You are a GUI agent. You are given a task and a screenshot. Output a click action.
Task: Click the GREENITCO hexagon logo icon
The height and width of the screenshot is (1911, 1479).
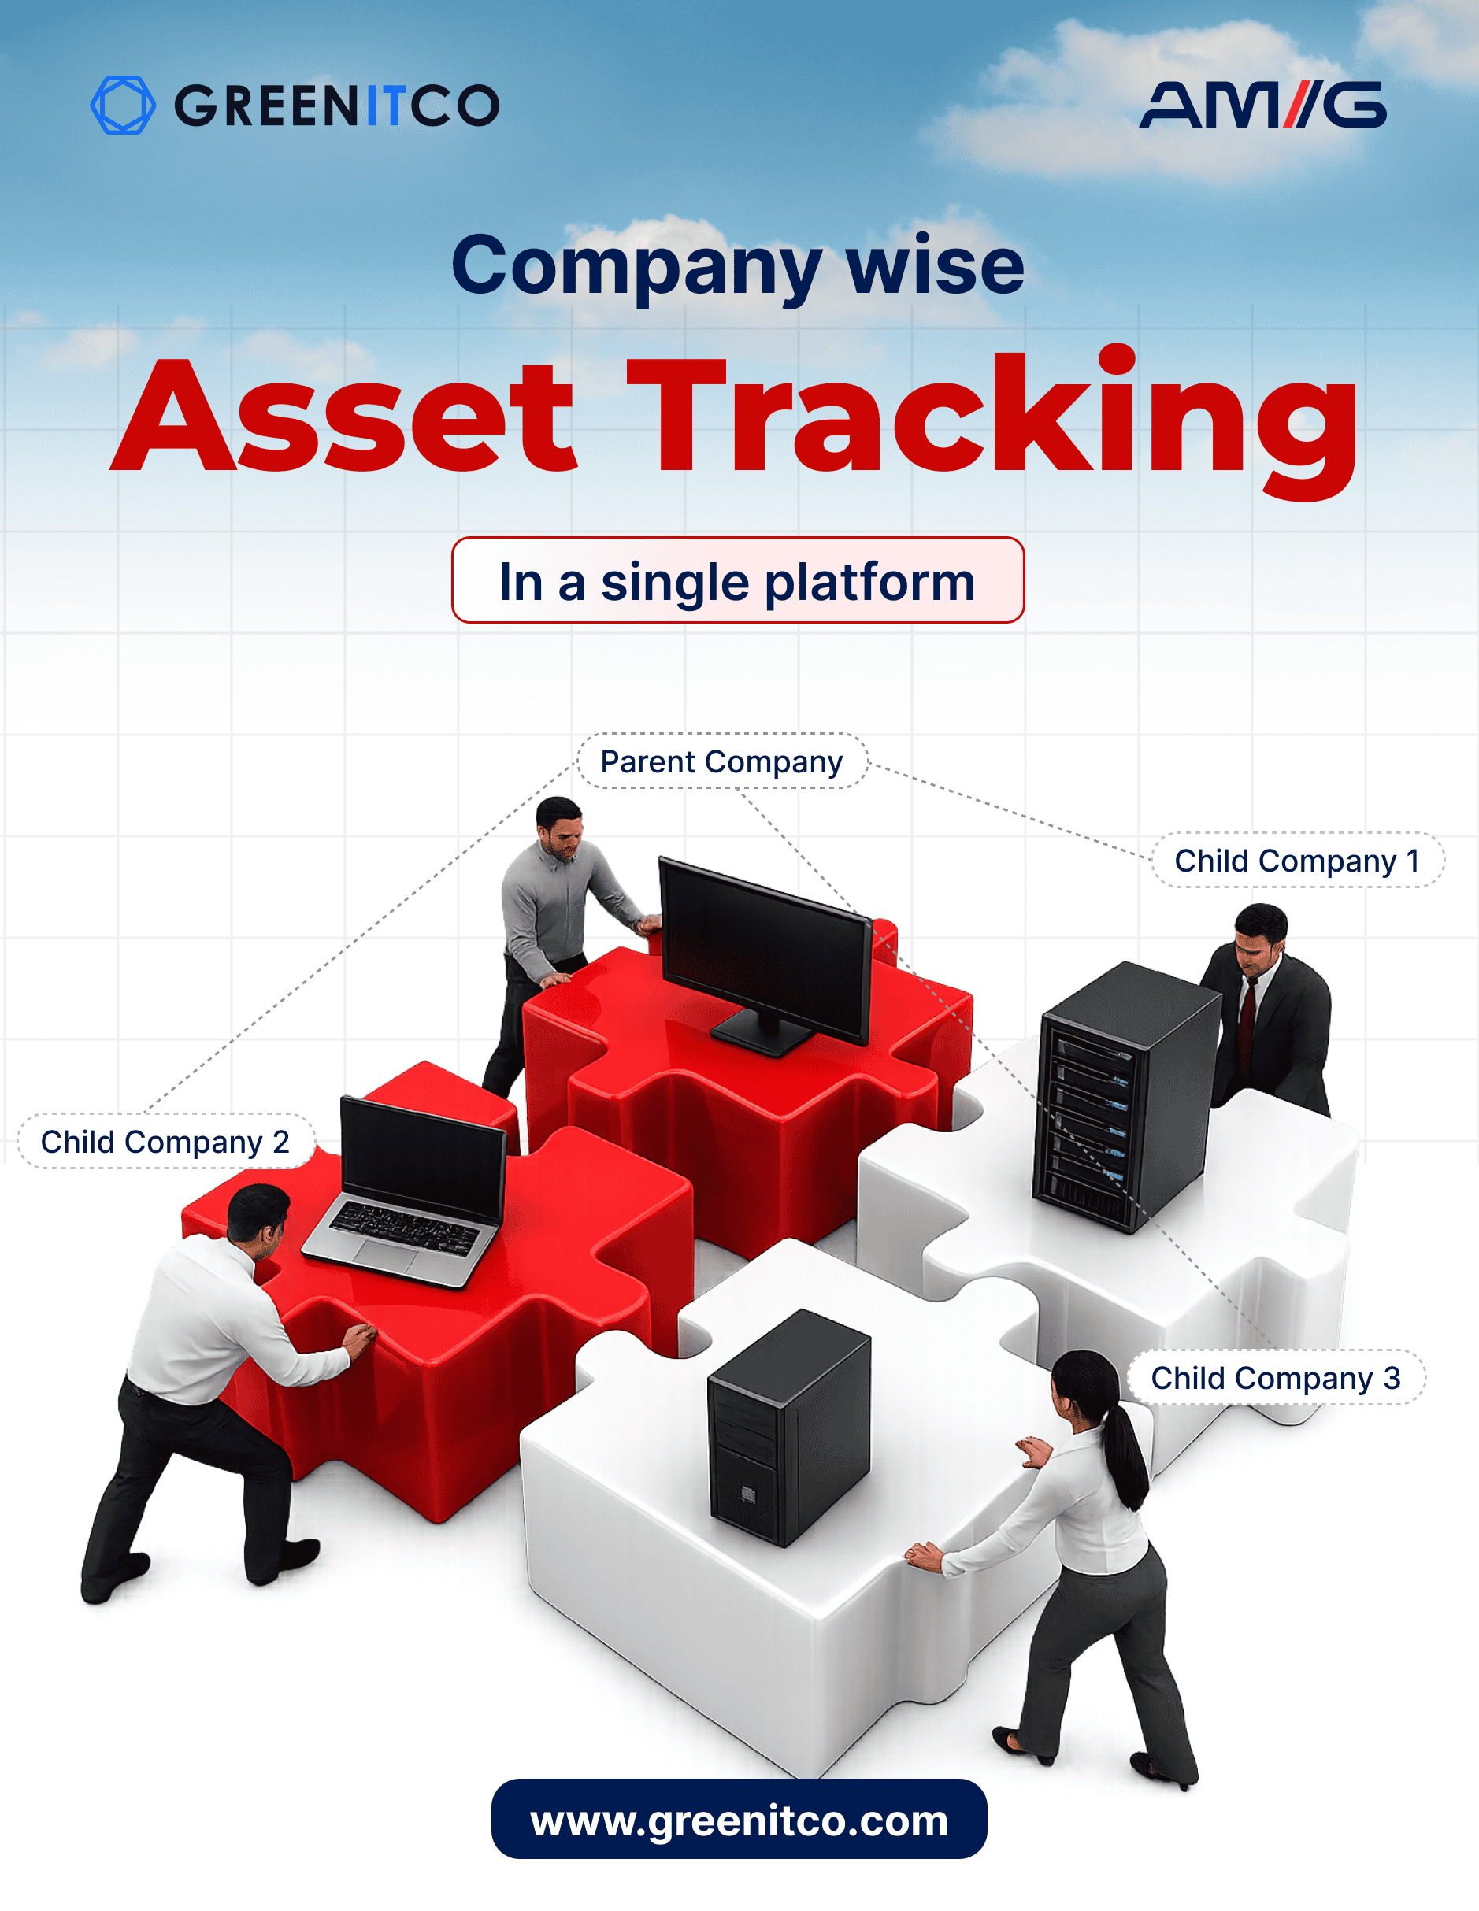(x=124, y=105)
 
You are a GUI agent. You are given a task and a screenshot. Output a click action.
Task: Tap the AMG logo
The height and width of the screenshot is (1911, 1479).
(x=1263, y=105)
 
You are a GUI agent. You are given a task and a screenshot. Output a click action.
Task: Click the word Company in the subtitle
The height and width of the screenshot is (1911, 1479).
(x=637, y=267)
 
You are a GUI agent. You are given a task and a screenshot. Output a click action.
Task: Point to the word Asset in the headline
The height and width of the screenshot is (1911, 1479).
(x=344, y=416)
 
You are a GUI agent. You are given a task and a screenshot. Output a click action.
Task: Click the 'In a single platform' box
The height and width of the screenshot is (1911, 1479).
(x=738, y=580)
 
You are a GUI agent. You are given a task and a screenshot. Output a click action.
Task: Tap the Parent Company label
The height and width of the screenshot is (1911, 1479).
(x=722, y=761)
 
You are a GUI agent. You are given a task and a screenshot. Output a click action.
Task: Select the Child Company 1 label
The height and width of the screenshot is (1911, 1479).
(x=1297, y=860)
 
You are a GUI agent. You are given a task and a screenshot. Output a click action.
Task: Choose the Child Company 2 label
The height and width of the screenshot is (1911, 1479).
(x=165, y=1141)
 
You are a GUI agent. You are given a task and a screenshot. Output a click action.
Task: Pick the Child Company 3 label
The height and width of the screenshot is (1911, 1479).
(x=1276, y=1377)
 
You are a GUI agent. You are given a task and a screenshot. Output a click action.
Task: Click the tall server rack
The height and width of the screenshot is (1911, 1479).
(x=1125, y=1096)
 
